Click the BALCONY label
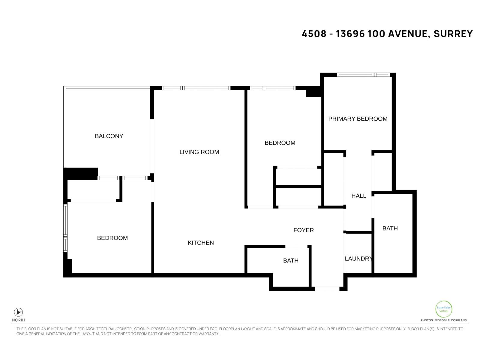(x=109, y=136)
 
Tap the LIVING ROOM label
(x=199, y=152)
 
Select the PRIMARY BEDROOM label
(x=358, y=119)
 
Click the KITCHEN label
(x=201, y=243)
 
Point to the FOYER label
(x=303, y=230)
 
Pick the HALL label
(x=358, y=196)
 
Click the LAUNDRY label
(x=358, y=259)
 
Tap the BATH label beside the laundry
(x=390, y=229)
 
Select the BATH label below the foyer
(x=291, y=261)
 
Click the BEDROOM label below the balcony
(x=112, y=238)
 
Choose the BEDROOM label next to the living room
(x=280, y=143)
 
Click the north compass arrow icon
(x=18, y=312)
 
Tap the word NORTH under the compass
(x=18, y=320)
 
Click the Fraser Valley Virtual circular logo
(x=443, y=309)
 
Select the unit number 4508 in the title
(x=314, y=34)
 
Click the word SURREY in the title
(x=453, y=34)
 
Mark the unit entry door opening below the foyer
(x=327, y=289)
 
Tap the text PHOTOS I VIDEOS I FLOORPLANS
(x=443, y=320)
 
